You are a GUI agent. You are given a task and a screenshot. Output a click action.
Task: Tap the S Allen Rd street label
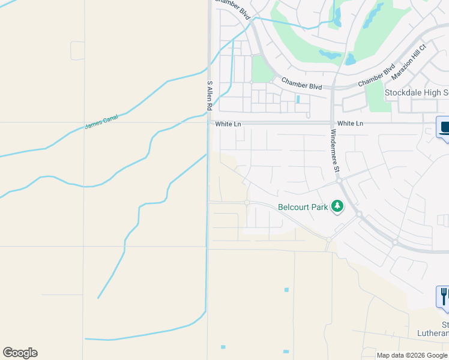click(x=209, y=95)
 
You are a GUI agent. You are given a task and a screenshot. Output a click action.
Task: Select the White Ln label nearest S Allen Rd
click(x=228, y=124)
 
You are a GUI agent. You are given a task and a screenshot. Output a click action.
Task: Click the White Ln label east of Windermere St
click(x=351, y=123)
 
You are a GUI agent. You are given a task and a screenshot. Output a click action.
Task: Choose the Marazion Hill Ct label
click(x=408, y=62)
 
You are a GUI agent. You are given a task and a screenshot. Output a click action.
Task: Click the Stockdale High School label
click(x=417, y=93)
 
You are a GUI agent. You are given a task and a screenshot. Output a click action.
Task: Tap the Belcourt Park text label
click(x=303, y=208)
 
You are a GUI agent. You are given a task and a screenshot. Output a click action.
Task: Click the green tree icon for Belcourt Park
click(x=337, y=206)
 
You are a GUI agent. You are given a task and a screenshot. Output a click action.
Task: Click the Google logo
click(x=20, y=353)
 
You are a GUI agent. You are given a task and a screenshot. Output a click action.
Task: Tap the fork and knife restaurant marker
click(x=444, y=295)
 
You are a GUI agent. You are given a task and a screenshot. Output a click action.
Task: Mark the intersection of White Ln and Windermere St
click(x=332, y=124)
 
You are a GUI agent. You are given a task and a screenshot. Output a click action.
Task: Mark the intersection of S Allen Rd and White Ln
click(x=209, y=124)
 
